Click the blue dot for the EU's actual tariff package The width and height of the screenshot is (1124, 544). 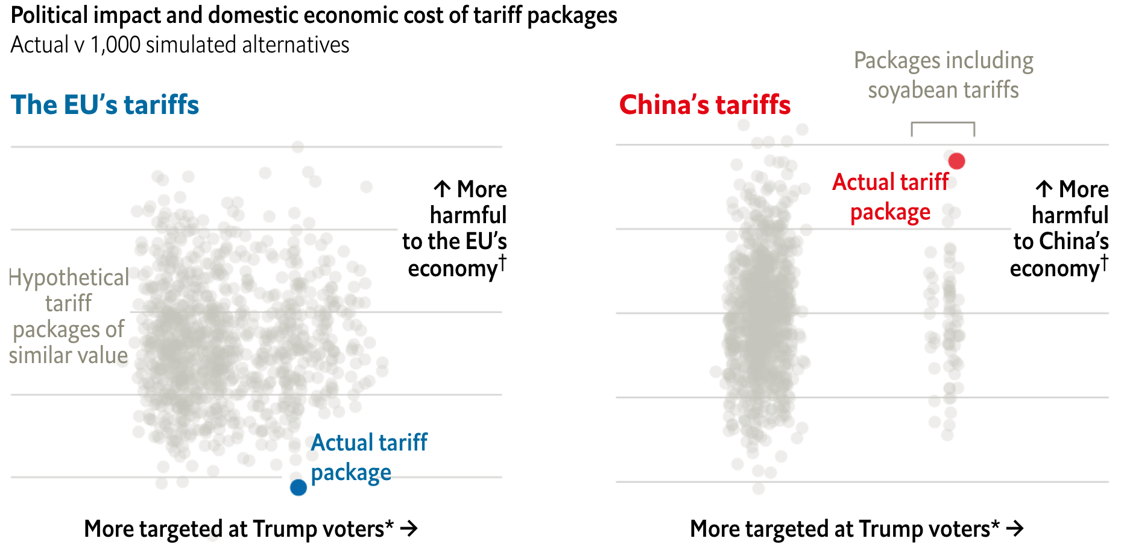298,487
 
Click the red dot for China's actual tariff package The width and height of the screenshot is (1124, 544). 956,161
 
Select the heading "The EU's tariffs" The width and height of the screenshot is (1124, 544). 105,105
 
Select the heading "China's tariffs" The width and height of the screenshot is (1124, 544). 704,105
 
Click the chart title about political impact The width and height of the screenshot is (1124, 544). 314,16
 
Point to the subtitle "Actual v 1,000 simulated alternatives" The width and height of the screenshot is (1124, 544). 180,45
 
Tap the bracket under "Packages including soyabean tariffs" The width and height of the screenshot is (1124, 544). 942,124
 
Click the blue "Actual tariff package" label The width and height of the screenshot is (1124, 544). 368,457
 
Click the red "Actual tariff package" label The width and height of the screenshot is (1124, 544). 890,197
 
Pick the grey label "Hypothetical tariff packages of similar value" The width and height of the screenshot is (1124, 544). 69,316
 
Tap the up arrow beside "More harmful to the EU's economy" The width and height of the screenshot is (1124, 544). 442,189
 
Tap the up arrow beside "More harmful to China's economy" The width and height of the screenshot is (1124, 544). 1044,189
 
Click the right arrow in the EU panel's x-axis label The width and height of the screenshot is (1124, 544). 409,529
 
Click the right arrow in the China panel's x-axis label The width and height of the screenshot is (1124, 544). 1015,529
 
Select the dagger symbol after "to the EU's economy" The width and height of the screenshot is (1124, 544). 502,262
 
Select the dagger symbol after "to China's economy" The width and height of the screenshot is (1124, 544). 1104,262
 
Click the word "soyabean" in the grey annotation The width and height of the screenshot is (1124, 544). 912,90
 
